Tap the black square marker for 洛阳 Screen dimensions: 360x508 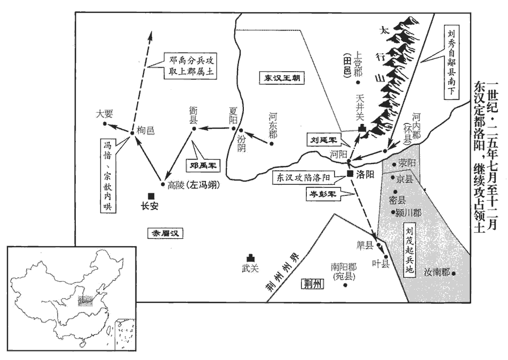pyautogui.click(x=350, y=174)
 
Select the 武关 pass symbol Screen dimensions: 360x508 pyautogui.click(x=250, y=259)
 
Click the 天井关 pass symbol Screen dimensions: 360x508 pyautogui.click(x=363, y=128)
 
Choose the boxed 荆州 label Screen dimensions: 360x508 pyautogui.click(x=312, y=284)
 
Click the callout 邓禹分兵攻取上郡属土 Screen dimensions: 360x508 pyautogui.click(x=190, y=66)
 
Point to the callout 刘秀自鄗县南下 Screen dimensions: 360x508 pyautogui.click(x=450, y=58)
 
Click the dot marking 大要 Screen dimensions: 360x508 pyautogui.click(x=105, y=124)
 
